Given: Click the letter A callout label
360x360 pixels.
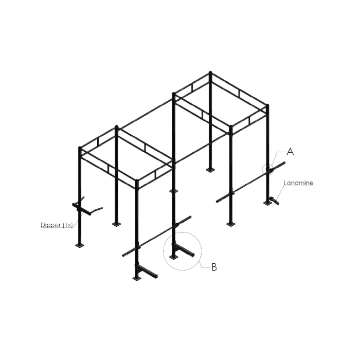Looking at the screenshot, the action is [290, 152].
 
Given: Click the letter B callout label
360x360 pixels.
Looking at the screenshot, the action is [214, 267].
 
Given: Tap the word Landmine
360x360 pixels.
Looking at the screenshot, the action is [298, 183].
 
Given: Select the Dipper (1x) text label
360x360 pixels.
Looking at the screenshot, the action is [57, 225].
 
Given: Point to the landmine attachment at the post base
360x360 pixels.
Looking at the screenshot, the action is [274, 201].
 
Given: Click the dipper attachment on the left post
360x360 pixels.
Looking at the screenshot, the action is [86, 207].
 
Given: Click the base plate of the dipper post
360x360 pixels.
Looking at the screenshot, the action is [79, 246].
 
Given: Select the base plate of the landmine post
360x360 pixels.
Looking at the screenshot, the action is [267, 203].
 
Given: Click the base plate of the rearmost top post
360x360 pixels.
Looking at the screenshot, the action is [210, 170].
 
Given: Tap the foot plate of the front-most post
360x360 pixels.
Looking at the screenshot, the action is [137, 278].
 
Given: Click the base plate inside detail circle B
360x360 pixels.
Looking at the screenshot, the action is [173, 257].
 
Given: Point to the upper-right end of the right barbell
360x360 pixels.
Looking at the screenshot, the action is [284, 163].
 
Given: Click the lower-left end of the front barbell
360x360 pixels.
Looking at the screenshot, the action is [123, 255].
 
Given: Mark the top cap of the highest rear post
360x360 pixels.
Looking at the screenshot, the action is [210, 73].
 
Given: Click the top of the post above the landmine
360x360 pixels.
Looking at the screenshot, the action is [267, 105].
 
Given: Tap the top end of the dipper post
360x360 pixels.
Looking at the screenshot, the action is [80, 148].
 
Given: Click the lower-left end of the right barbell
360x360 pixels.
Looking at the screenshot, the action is [217, 202].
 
